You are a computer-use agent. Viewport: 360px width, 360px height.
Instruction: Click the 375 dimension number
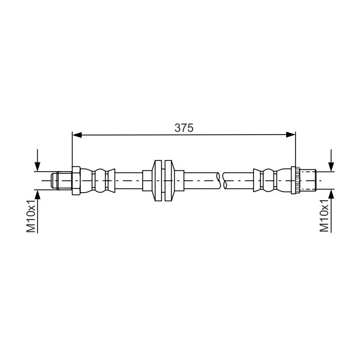click(x=184, y=128)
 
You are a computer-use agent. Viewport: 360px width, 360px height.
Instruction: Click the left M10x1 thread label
click(x=31, y=216)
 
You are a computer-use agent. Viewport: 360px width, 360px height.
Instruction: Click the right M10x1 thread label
click(x=324, y=216)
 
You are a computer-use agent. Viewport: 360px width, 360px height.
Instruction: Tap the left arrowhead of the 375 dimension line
click(x=77, y=135)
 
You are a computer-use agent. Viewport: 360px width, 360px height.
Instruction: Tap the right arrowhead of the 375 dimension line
click(x=291, y=135)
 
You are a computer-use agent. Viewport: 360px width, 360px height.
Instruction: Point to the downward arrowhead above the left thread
click(x=37, y=167)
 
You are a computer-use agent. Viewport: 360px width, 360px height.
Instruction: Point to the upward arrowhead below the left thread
click(x=37, y=194)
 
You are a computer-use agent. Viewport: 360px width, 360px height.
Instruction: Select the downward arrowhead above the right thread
click(x=331, y=167)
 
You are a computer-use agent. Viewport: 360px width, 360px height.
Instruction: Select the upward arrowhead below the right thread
click(x=331, y=194)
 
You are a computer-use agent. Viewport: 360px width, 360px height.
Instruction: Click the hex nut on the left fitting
click(x=76, y=181)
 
